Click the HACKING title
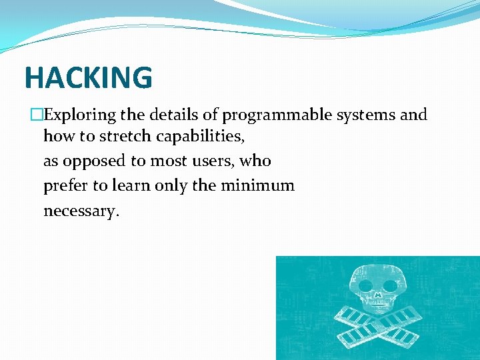tap(88, 78)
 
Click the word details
tap(176, 115)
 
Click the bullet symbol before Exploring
tap(37, 115)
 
